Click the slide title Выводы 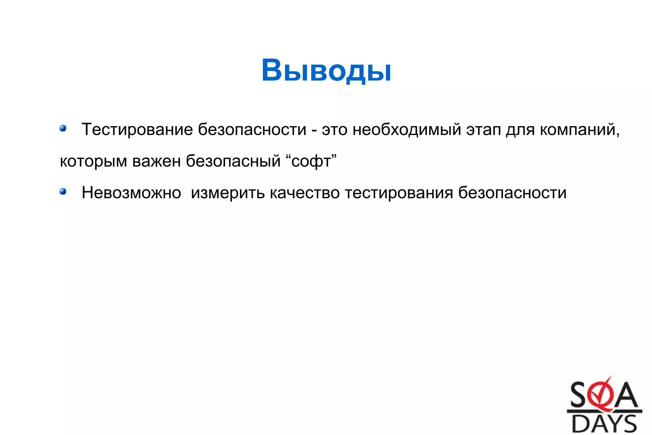point(326,70)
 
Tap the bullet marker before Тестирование point(63,128)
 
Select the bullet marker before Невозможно point(63,192)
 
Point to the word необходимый point(407,130)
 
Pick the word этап point(484,130)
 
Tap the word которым point(93,161)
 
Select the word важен point(156,161)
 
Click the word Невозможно point(131,193)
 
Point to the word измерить point(228,193)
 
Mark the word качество point(305,193)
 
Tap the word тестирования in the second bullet point(399,193)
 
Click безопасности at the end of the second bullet point(512,193)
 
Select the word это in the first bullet point(334,130)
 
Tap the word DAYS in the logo point(604,424)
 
